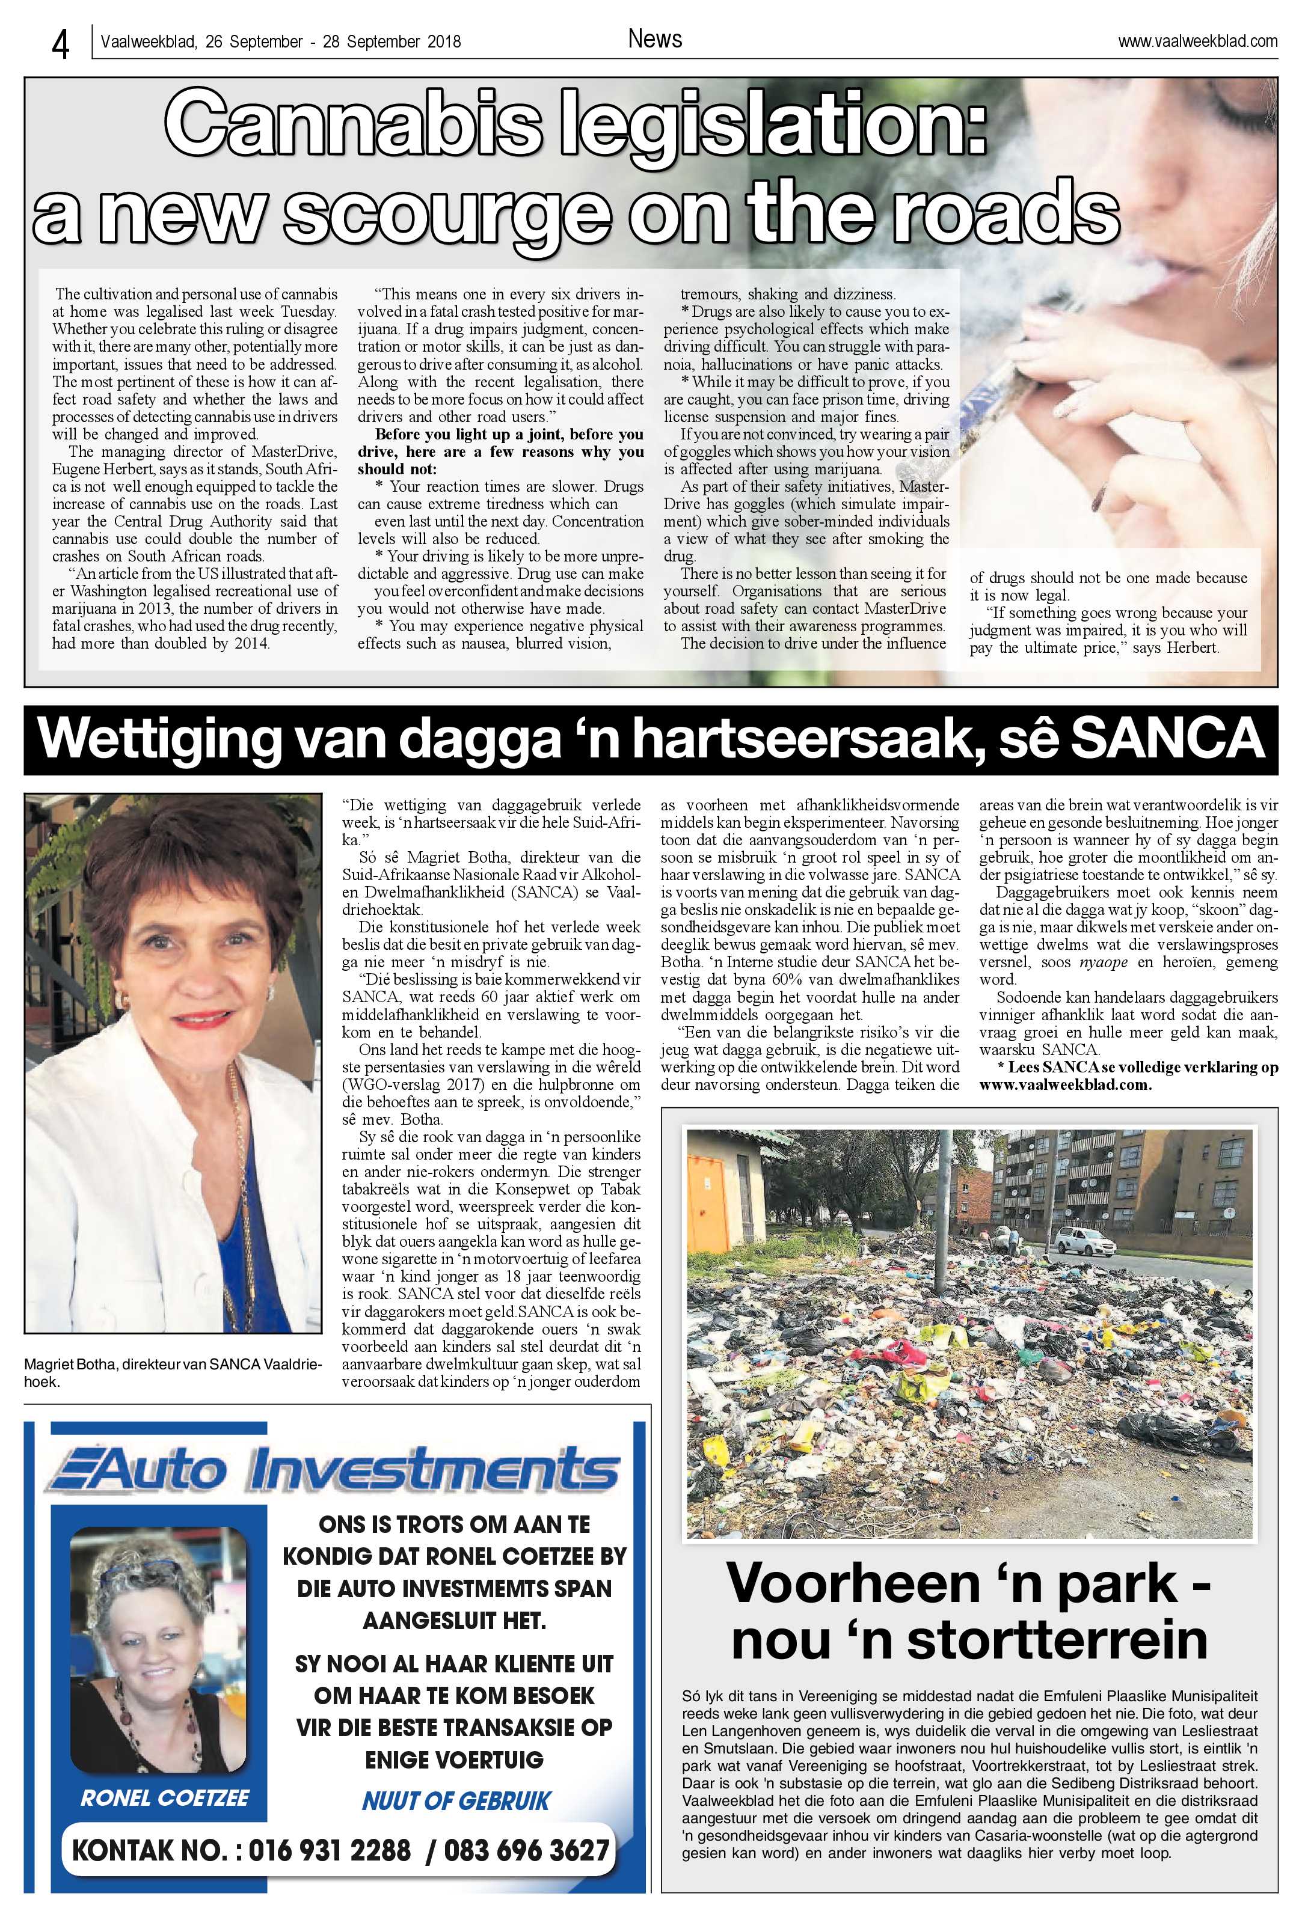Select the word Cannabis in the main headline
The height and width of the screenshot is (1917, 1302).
pyautogui.click(x=357, y=128)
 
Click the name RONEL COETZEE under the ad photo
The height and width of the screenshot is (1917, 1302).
pyautogui.click(x=164, y=1797)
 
